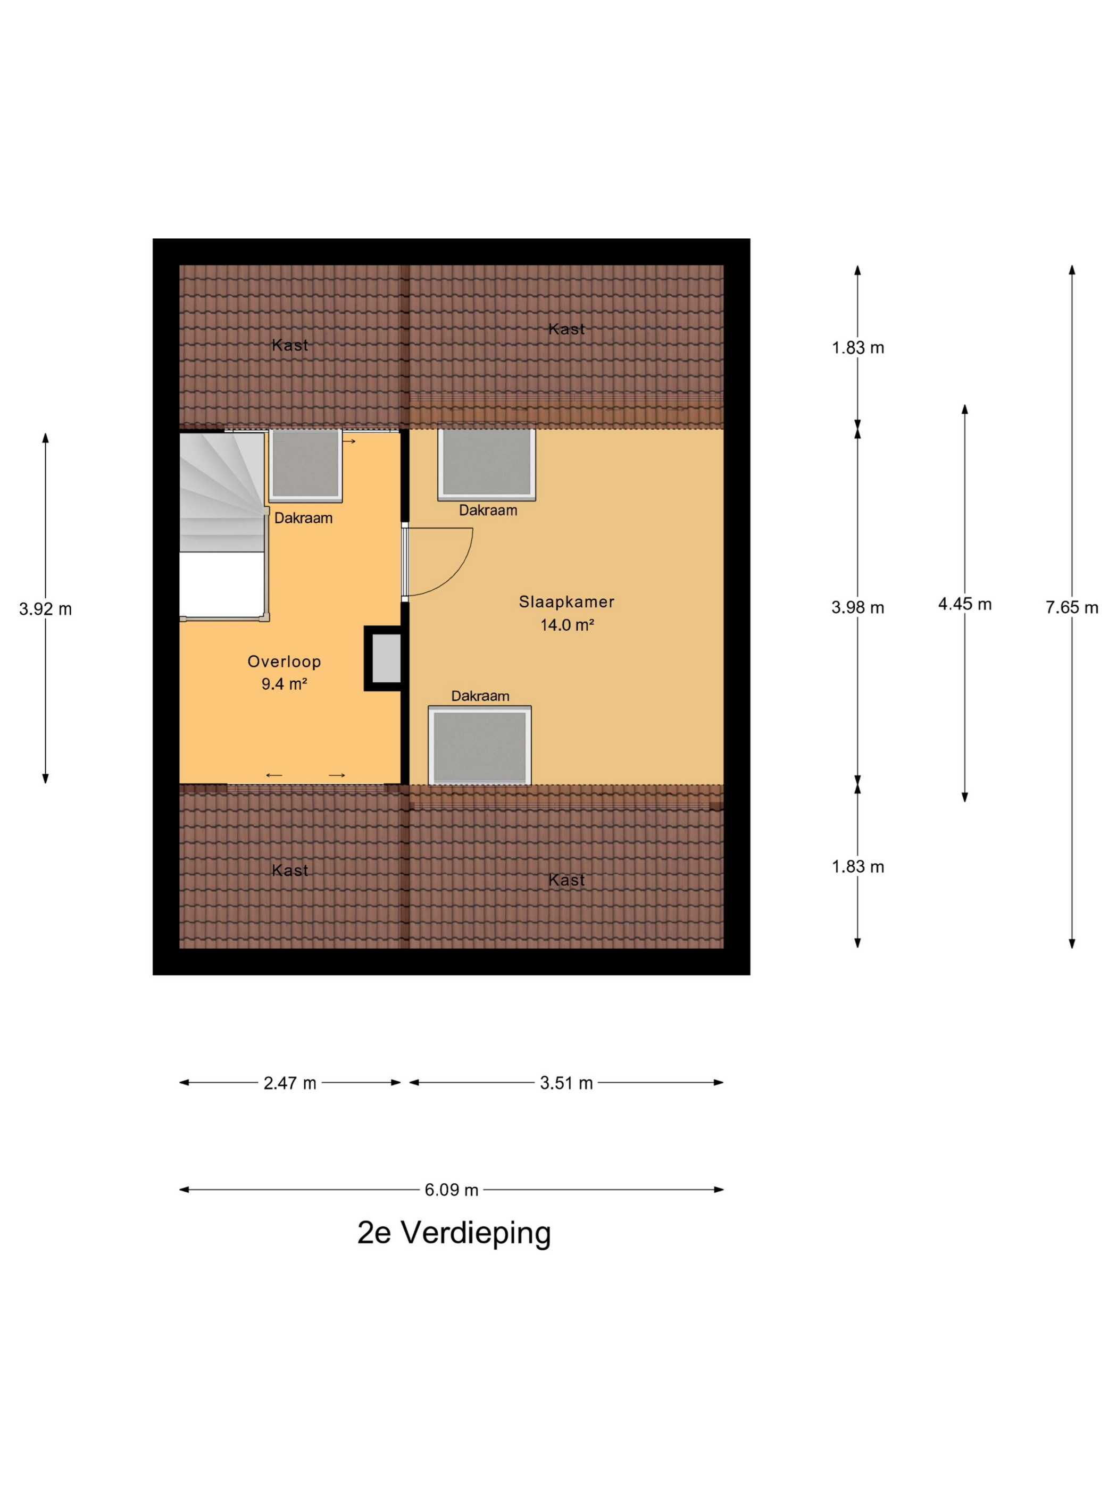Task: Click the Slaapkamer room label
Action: click(x=566, y=602)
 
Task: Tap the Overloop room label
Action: click(x=284, y=661)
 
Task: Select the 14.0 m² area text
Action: click(x=567, y=625)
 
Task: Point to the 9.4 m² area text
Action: click(x=284, y=684)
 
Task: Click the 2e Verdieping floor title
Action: click(x=454, y=1233)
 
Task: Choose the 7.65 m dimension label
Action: click(x=1072, y=608)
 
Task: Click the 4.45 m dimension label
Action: click(x=965, y=604)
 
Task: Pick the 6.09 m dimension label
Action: click(x=451, y=1190)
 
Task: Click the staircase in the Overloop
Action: click(x=222, y=525)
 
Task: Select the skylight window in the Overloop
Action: click(x=306, y=465)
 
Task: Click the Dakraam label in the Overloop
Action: click(x=303, y=518)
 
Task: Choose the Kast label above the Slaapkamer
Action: click(x=566, y=329)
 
